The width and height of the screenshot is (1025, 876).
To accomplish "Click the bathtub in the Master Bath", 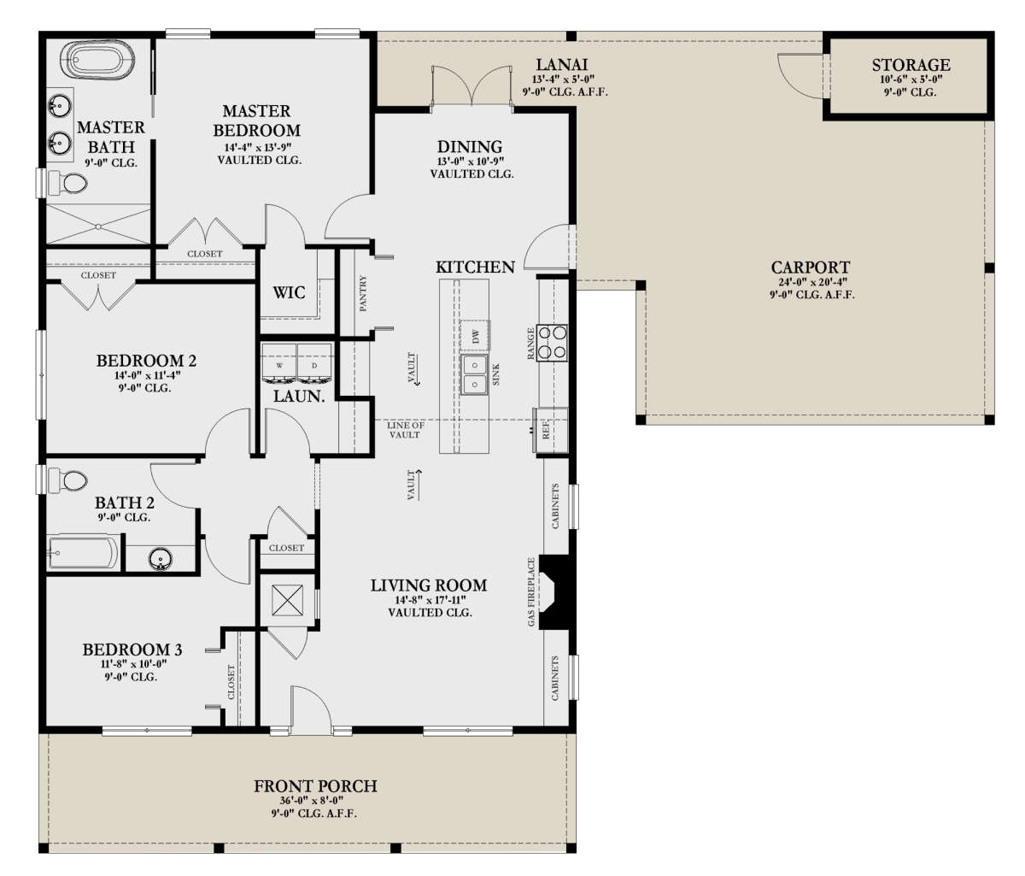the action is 100,61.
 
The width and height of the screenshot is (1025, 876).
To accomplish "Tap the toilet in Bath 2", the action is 68,480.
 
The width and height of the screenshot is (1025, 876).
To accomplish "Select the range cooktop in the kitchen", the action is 553,343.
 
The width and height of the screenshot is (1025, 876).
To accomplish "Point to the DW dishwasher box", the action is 475,336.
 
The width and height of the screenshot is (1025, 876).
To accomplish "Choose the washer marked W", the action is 279,363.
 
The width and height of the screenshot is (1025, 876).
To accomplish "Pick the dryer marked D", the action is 313,363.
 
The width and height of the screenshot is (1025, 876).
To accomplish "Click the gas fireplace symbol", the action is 557,591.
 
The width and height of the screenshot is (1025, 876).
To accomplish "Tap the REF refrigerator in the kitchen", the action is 550,430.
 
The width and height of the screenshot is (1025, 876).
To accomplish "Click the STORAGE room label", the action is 911,65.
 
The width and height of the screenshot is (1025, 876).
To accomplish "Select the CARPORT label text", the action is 811,268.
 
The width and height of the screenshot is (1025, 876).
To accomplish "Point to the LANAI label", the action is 562,64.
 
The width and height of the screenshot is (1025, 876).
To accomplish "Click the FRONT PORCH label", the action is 315,786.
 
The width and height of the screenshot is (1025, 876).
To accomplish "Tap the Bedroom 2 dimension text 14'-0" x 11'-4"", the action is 147,375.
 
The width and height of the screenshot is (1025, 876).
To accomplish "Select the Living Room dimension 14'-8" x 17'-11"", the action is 430,600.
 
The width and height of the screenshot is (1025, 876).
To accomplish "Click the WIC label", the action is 289,292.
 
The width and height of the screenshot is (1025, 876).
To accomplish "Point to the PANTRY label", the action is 363,293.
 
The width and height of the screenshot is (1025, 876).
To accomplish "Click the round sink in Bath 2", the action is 161,559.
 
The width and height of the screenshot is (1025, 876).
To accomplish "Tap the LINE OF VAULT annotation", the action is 405,430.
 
